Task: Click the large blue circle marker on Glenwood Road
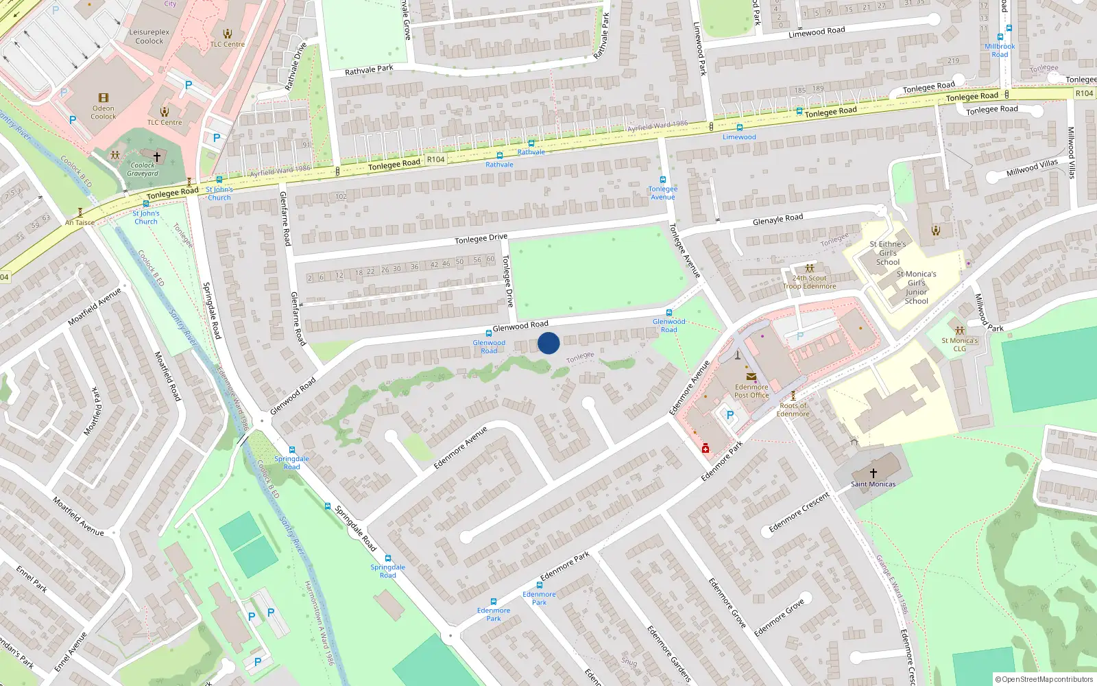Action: click(x=548, y=343)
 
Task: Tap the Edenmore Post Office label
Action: click(x=751, y=391)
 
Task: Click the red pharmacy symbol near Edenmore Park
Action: click(x=705, y=448)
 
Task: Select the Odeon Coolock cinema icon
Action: click(x=104, y=97)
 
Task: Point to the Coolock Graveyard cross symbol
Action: click(x=157, y=157)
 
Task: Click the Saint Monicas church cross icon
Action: click(x=873, y=473)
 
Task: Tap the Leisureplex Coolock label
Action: click(x=149, y=36)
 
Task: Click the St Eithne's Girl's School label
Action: click(x=888, y=253)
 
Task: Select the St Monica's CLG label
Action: click(x=959, y=344)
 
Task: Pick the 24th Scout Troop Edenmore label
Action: click(x=810, y=282)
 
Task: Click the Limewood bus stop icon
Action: click(x=739, y=127)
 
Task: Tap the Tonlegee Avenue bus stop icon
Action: click(x=663, y=180)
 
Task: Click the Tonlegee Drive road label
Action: click(x=481, y=239)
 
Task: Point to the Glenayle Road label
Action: click(x=777, y=220)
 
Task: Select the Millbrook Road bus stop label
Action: click(x=1000, y=51)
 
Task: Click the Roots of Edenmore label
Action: click(x=793, y=410)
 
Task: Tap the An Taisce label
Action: click(x=80, y=222)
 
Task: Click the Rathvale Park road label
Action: click(x=369, y=70)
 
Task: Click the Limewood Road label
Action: click(x=817, y=32)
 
